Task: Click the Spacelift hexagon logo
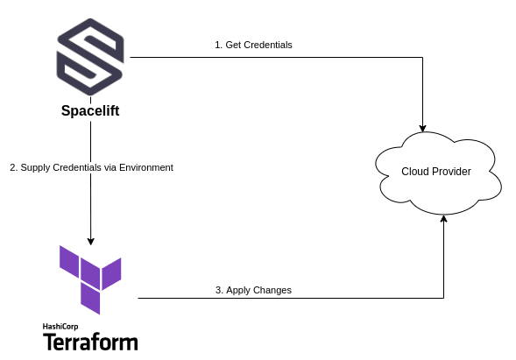tap(90, 57)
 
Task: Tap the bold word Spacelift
tap(90, 110)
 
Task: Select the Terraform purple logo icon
tap(90, 279)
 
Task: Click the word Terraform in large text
tap(90, 342)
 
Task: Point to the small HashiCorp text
tap(60, 327)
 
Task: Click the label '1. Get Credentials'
tap(253, 45)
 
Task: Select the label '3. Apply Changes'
tap(253, 290)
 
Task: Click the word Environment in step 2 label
tap(146, 167)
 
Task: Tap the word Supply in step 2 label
tap(35, 168)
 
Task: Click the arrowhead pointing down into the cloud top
tap(422, 129)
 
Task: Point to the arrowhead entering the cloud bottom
tap(443, 219)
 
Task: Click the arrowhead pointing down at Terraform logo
tap(90, 241)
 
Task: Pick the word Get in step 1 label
tap(233, 45)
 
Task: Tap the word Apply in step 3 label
tap(238, 290)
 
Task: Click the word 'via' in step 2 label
tap(110, 167)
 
